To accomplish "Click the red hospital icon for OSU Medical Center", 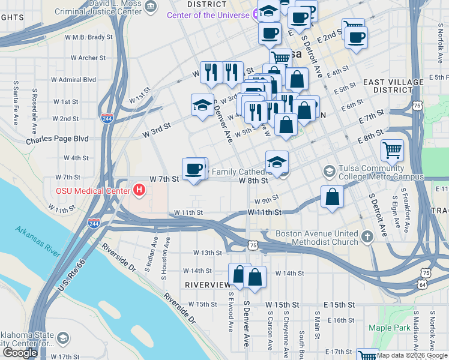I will [139, 191].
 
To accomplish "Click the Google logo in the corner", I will [20, 353].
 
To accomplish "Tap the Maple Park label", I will [389, 328].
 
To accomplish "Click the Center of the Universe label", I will [208, 14].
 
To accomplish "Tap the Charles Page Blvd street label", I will [57, 139].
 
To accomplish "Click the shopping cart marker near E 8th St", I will [392, 150].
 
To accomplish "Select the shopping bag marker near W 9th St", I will [332, 197].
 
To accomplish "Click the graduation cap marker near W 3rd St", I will [202, 106].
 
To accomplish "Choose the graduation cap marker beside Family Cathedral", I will [277, 161].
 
